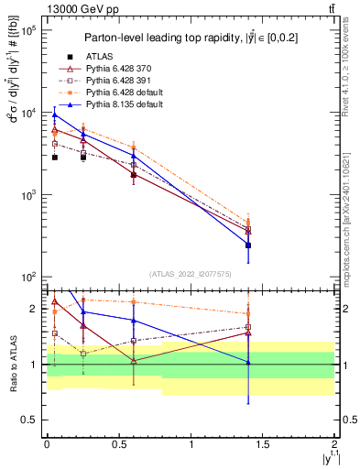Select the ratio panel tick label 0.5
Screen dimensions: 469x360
(29, 420)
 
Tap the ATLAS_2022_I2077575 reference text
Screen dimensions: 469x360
(191, 273)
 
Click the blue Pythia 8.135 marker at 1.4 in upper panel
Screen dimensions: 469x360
(248, 245)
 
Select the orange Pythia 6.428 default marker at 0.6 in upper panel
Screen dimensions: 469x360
(134, 146)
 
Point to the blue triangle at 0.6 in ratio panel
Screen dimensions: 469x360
(134, 321)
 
